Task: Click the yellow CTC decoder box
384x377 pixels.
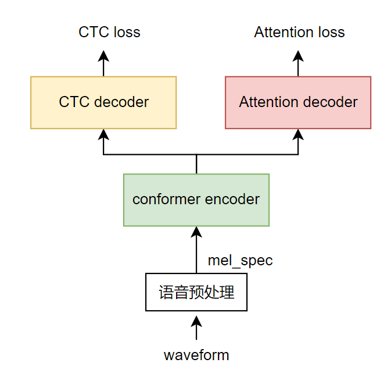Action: [103, 102]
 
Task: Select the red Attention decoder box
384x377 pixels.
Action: [298, 102]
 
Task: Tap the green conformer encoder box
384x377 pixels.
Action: [196, 200]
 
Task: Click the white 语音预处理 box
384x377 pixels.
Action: [196, 292]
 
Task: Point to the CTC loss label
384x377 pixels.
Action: [109, 31]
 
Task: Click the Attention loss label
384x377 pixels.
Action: [299, 31]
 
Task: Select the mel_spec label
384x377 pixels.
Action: [240, 260]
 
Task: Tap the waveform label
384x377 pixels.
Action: [196, 355]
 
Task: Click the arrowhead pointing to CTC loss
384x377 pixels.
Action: [103, 56]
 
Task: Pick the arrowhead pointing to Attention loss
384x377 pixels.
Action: [298, 56]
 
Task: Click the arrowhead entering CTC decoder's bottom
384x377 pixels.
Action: [103, 134]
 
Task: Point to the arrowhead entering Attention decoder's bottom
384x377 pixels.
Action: [298, 134]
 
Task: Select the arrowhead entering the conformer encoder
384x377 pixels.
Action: [196, 232]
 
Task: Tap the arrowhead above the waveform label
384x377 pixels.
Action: [196, 322]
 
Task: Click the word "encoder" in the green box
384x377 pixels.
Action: [232, 200]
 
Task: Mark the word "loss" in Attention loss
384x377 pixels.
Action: [329, 31]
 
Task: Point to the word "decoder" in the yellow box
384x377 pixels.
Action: [121, 102]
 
